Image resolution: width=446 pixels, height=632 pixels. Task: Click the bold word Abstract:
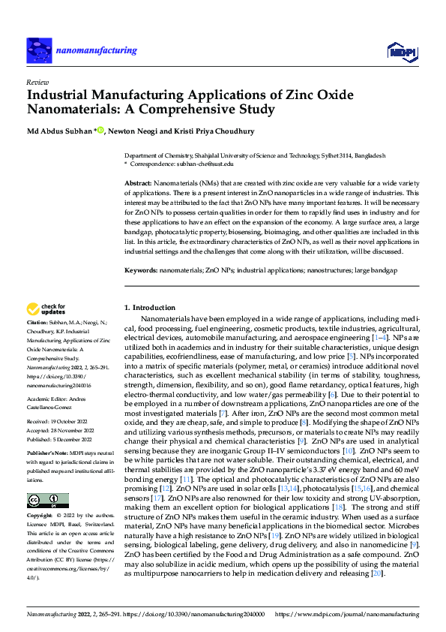[138, 183]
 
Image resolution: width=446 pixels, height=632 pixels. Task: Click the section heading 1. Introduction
[149, 308]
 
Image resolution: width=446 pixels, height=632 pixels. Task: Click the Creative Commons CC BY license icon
[46, 479]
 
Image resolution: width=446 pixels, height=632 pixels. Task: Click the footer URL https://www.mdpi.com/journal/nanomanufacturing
[347, 614]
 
